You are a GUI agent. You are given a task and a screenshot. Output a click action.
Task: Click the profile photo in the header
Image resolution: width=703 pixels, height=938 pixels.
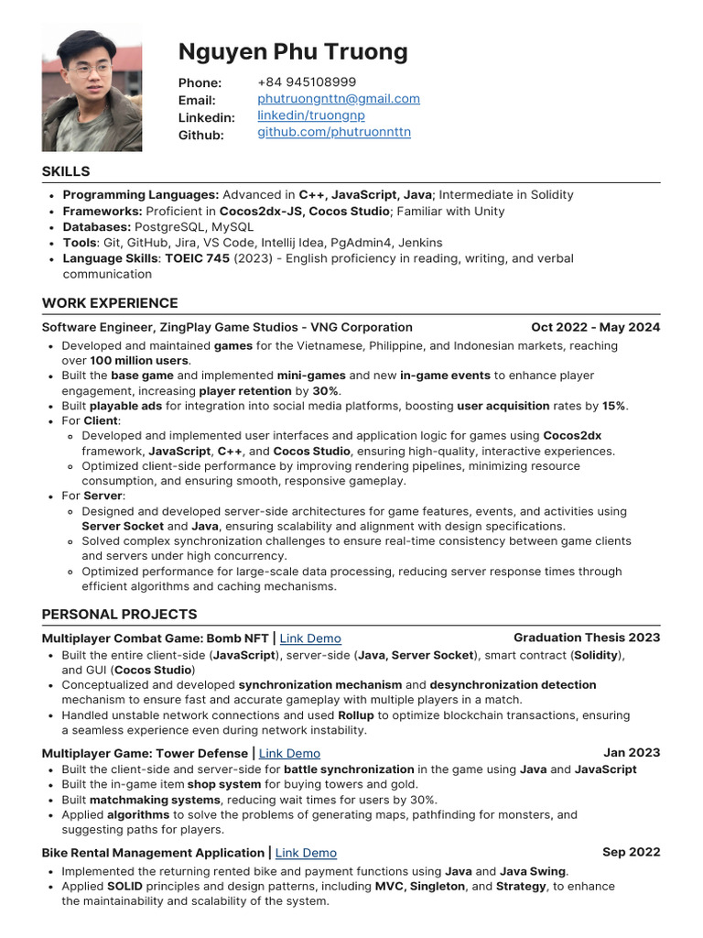[92, 87]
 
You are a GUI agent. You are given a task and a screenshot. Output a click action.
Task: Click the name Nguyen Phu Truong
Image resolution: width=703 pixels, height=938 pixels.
[293, 51]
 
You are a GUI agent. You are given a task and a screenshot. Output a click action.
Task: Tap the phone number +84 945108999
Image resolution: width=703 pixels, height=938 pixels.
[307, 82]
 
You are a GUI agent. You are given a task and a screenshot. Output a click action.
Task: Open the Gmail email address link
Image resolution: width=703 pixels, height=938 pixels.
[339, 99]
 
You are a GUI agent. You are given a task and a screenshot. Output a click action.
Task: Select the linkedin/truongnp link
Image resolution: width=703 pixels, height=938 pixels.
[310, 116]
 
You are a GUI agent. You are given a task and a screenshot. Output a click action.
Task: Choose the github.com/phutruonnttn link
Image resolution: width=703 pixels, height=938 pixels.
[333, 133]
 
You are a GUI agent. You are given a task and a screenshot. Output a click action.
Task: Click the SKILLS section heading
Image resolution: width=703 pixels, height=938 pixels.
[66, 171]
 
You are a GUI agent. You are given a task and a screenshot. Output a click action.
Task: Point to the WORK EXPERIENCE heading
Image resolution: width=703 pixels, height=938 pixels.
[110, 303]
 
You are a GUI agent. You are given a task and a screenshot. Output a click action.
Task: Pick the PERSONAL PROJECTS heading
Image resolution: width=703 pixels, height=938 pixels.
[119, 614]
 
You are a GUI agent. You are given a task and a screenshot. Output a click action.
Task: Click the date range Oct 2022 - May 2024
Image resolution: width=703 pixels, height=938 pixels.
[595, 327]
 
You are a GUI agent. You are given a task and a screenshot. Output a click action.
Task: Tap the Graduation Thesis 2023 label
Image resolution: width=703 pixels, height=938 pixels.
[587, 638]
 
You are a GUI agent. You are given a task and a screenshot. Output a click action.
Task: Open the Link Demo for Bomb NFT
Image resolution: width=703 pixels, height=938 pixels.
[310, 638]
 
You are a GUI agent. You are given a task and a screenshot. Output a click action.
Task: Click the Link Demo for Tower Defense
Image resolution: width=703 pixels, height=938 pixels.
[289, 754]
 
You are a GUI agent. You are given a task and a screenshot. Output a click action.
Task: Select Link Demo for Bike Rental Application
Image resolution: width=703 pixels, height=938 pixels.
[306, 853]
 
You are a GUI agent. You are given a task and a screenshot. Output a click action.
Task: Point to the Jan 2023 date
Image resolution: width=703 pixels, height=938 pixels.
[632, 753]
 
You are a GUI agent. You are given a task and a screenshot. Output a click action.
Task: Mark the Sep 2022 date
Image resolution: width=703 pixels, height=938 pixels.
[631, 852]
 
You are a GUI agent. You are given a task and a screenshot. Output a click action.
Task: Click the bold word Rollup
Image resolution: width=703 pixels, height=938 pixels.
[356, 715]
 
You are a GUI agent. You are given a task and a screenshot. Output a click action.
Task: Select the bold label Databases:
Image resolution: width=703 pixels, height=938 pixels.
[96, 226]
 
